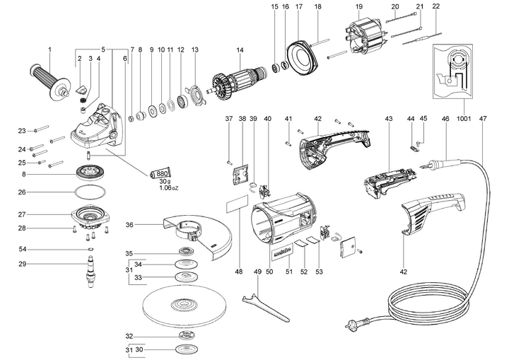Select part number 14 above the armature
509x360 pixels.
(240, 50)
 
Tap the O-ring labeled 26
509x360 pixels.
(88, 192)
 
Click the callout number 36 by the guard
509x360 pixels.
(129, 225)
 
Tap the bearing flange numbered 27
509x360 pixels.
(90, 214)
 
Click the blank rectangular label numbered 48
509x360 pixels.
(237, 207)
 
